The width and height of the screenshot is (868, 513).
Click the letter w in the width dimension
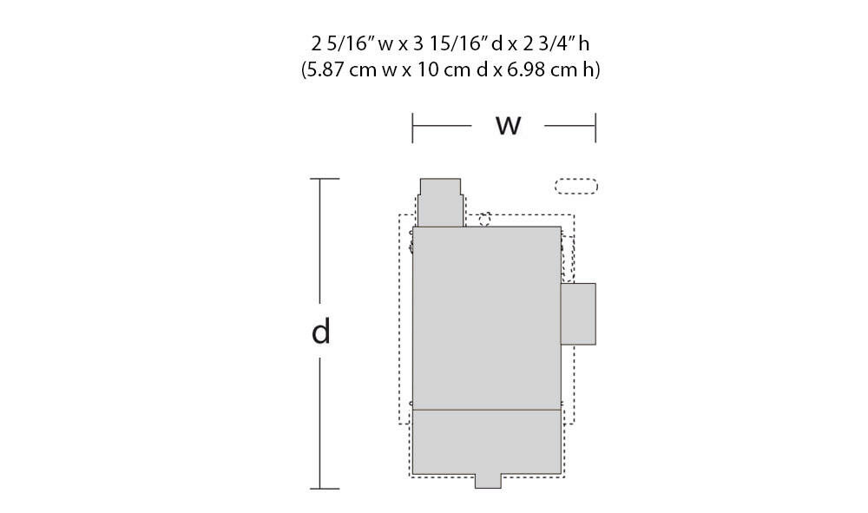(508, 126)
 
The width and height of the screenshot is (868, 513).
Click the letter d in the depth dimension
(321, 332)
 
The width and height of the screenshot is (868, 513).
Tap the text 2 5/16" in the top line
(343, 43)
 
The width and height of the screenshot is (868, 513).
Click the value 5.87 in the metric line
(325, 69)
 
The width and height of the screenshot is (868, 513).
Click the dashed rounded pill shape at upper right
(576, 187)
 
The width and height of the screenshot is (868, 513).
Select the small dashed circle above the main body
(485, 220)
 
